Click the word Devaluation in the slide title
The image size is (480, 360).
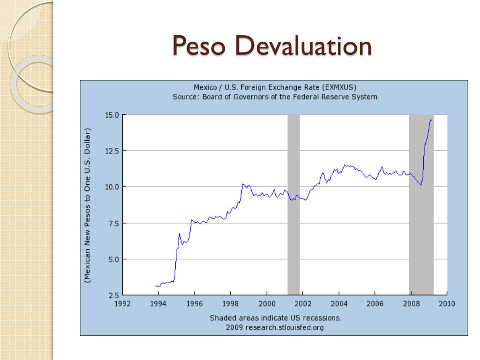click(301, 47)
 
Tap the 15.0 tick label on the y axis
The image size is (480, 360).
click(112, 115)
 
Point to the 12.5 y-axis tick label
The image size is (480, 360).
click(112, 151)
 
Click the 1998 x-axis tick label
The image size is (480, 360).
click(231, 304)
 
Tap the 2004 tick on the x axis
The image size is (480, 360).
click(339, 304)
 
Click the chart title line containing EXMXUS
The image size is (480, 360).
click(275, 87)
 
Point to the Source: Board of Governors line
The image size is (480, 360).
click(275, 97)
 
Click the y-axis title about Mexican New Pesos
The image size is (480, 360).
click(88, 205)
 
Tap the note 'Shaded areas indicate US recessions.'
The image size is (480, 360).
click(275, 318)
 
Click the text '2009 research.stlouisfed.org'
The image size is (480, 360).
click(275, 327)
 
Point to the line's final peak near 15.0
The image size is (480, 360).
click(431, 120)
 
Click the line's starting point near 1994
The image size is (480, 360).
click(156, 285)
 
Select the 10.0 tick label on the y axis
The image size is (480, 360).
click(112, 187)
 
